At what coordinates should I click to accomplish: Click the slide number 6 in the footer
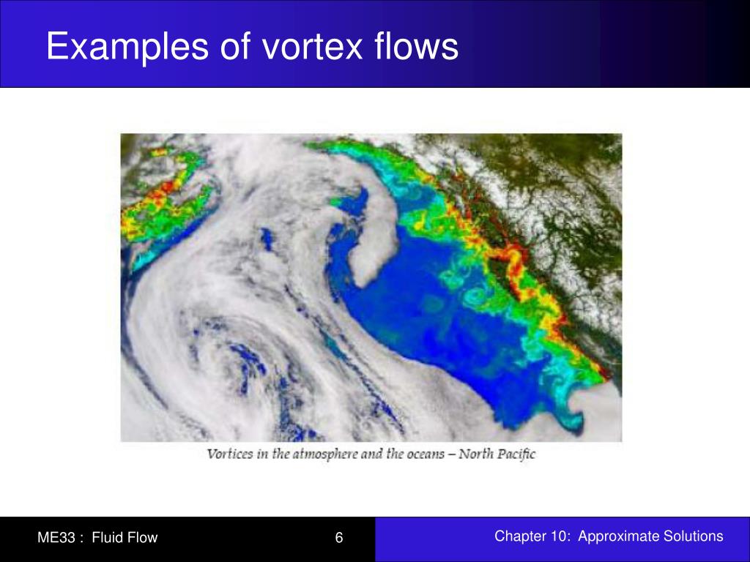[x=339, y=538]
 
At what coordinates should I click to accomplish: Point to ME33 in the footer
[x=57, y=538]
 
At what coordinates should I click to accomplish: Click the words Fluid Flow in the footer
[x=125, y=538]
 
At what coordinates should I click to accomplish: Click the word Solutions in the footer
[x=693, y=536]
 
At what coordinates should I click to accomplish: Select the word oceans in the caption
[x=426, y=454]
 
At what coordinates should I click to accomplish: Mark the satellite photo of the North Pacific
[x=371, y=287]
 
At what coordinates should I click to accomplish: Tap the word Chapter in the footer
[x=519, y=536]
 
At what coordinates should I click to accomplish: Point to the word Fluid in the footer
[x=108, y=538]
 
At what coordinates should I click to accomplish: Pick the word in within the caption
[x=263, y=454]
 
